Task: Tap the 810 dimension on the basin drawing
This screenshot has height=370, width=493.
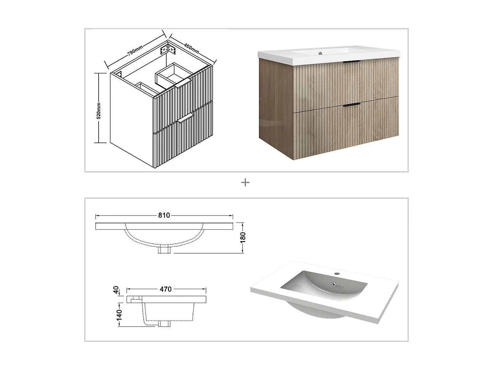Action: [x=164, y=215]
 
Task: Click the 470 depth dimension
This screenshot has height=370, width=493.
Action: [x=166, y=289]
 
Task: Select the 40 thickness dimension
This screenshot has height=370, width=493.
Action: [x=116, y=290]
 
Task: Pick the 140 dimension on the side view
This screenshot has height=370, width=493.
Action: [x=119, y=314]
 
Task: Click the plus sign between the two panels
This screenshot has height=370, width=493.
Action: [x=245, y=183]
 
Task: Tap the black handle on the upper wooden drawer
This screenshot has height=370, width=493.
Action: [x=352, y=62]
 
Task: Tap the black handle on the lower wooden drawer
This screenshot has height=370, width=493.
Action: [x=352, y=105]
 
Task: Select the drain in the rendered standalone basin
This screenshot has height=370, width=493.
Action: [x=334, y=284]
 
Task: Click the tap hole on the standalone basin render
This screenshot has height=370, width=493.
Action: [x=337, y=273]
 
